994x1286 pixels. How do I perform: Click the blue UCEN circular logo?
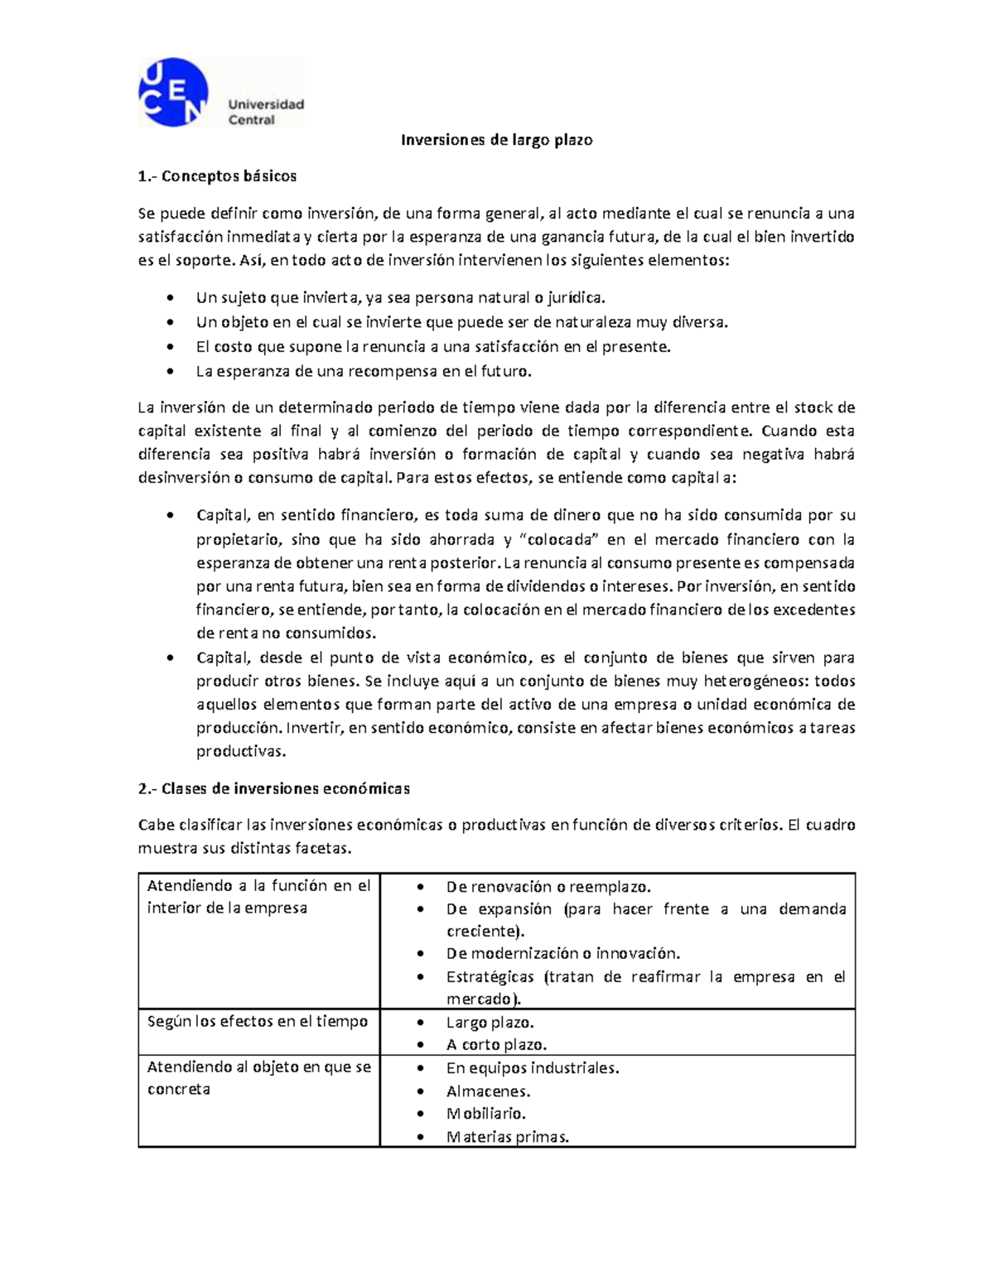point(172,92)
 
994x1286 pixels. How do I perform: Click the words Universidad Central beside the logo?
point(265,112)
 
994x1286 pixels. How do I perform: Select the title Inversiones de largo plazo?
point(496,140)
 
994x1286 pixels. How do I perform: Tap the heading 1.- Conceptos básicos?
point(217,176)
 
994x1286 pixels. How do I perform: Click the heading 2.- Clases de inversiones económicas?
point(274,788)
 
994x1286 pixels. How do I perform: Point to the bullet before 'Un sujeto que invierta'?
point(170,298)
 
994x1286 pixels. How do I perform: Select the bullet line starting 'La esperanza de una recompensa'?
point(363,371)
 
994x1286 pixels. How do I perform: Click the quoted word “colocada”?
point(562,540)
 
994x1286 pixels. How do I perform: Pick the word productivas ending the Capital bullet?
point(240,752)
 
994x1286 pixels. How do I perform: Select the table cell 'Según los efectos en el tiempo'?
point(258,1021)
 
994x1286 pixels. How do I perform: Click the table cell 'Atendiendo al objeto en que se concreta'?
point(258,1077)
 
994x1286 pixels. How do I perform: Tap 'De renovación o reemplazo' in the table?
point(548,887)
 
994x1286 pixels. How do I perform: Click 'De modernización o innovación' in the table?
point(562,953)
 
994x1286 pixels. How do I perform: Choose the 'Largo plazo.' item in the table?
point(490,1023)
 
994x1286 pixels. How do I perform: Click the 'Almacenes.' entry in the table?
point(488,1091)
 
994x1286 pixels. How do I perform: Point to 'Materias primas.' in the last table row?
point(507,1137)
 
